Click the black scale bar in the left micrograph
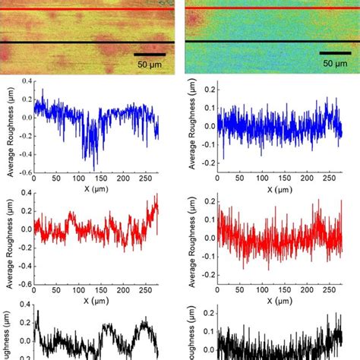pos(151,54)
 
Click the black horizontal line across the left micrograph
pos(87,43)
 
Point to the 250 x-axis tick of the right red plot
pos(330,290)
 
